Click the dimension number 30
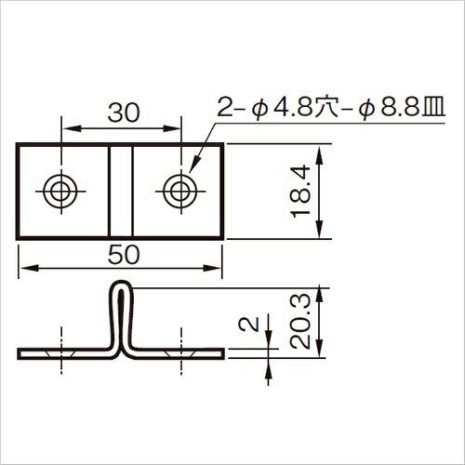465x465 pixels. point(124,113)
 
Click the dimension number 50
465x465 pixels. point(124,255)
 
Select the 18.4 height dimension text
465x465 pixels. point(300,192)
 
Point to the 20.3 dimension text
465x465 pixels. point(300,321)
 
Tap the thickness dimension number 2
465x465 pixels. point(249,325)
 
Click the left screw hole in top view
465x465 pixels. point(60,192)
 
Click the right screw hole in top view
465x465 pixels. point(180,192)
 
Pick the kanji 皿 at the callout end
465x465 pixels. point(434,107)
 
